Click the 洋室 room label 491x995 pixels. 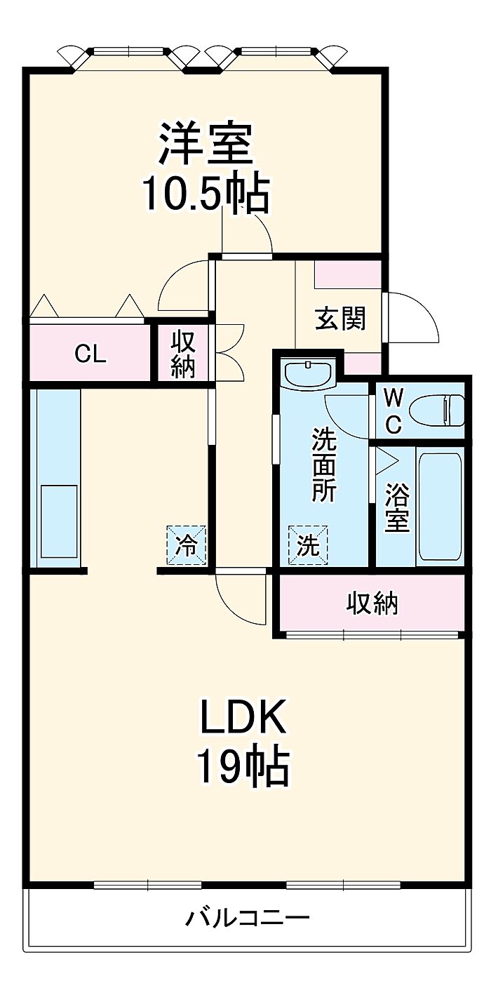(206, 143)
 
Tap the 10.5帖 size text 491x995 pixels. (206, 194)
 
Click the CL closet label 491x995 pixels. (90, 354)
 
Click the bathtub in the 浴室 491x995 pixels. (440, 506)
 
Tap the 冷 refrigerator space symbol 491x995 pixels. (186, 545)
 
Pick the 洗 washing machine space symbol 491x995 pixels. (308, 545)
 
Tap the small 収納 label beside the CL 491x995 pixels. (183, 354)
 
